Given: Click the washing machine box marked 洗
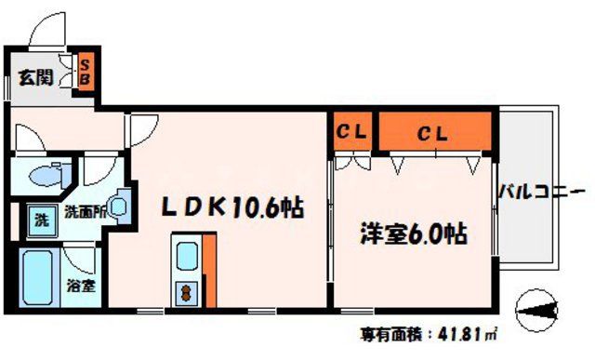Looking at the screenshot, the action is click(41, 220).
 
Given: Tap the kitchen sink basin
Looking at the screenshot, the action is click(185, 253).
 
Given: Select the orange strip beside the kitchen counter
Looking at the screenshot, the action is click(208, 270).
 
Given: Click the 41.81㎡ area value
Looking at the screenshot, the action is click(470, 335).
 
